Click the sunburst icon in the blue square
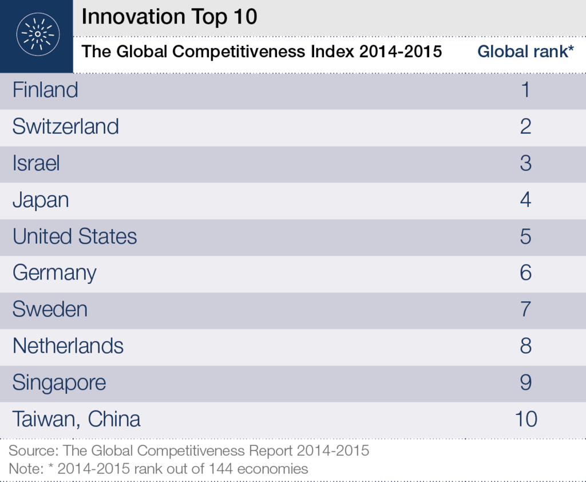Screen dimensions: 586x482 click(38, 34)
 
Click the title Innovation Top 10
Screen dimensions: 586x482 click(169, 17)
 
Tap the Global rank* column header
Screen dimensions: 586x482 click(525, 52)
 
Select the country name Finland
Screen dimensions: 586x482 click(45, 90)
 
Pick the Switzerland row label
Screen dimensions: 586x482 click(66, 127)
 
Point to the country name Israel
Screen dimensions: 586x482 click(36, 163)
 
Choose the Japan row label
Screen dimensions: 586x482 click(41, 200)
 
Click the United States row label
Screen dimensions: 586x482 click(75, 236)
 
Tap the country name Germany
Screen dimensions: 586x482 click(54, 274)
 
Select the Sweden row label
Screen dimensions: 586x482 click(50, 309)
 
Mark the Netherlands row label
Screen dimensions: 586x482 click(68, 346)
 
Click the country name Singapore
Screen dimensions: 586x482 click(59, 384)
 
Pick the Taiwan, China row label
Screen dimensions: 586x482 click(77, 419)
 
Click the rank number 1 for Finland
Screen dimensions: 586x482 click(526, 90)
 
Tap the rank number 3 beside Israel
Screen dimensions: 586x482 click(526, 163)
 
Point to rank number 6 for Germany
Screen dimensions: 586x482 click(526, 272)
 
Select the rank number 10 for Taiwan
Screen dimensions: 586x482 click(526, 419)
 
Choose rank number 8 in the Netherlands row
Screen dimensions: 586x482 click(526, 346)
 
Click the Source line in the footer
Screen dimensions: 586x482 click(189, 451)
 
